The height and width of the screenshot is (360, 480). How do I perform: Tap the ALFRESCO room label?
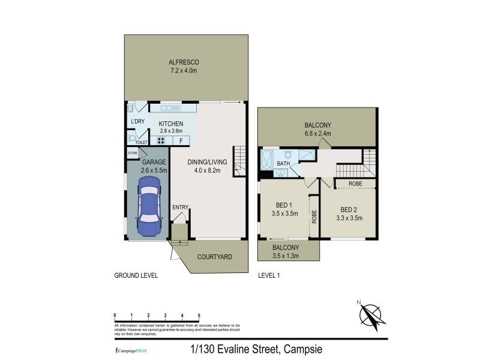[184, 62]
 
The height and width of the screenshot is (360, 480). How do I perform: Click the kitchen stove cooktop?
[161, 141]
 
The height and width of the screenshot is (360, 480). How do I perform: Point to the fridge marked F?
[181, 141]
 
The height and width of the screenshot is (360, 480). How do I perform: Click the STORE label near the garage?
[133, 154]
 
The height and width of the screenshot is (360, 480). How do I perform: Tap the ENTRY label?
[180, 208]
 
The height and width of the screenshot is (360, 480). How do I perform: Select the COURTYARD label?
[215, 257]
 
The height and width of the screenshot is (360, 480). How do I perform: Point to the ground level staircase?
[239, 161]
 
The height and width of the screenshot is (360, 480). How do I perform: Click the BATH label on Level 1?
[283, 163]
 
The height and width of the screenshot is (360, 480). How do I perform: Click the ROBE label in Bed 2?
[355, 183]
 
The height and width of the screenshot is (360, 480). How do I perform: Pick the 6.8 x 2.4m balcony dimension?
[317, 134]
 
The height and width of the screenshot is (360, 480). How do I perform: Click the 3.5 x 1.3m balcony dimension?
[286, 256]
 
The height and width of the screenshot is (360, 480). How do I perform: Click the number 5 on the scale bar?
[199, 315]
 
